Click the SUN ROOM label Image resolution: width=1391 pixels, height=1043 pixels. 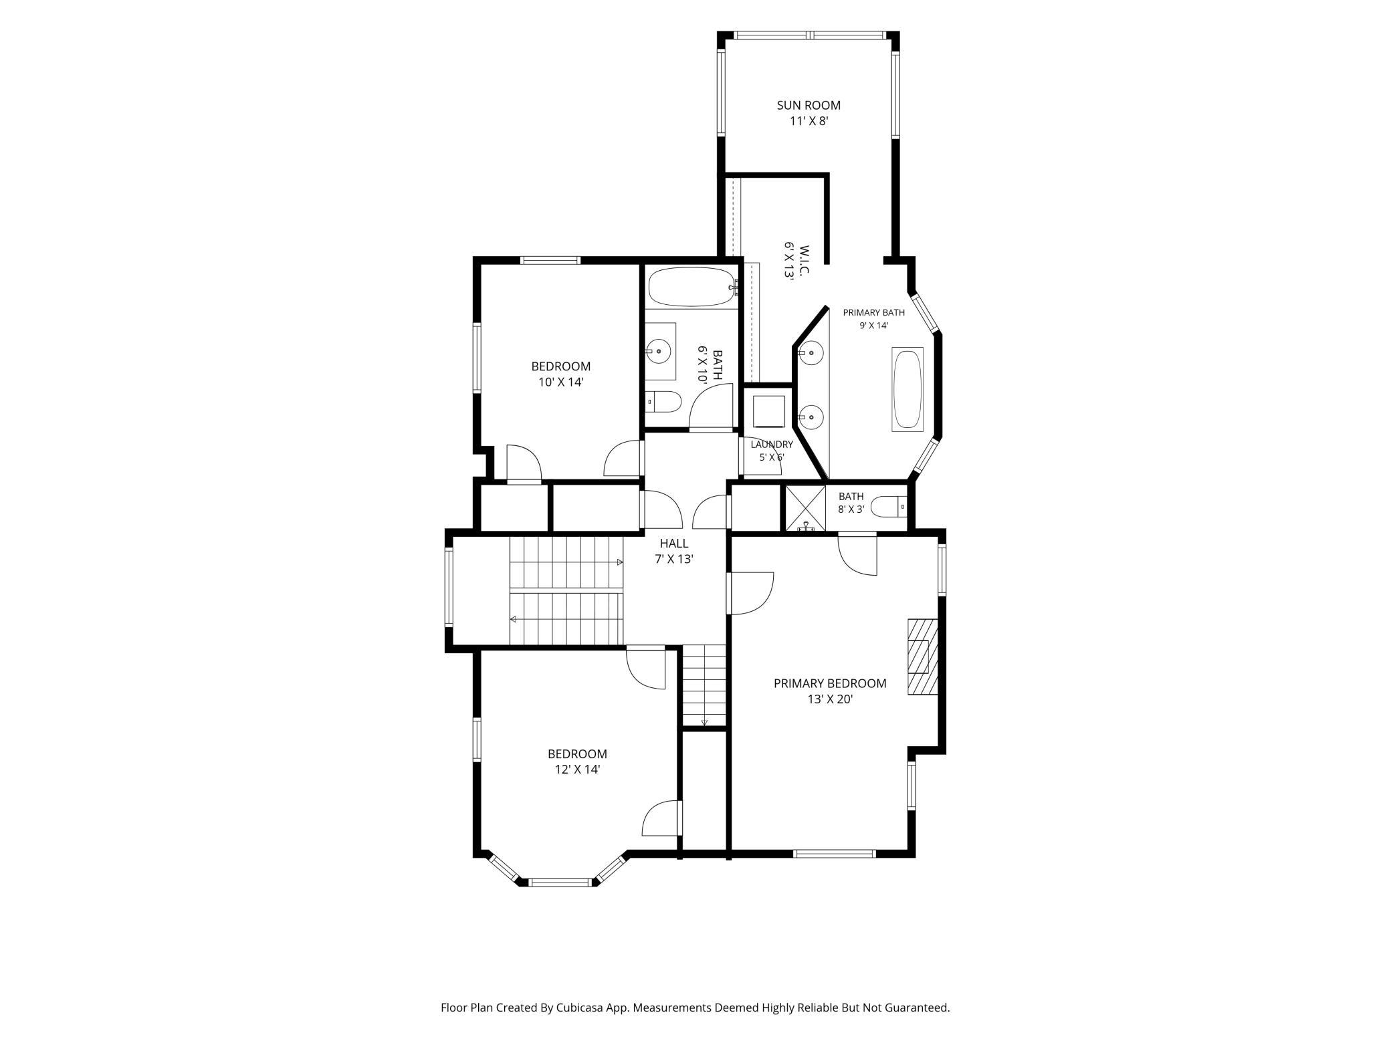pyautogui.click(x=809, y=105)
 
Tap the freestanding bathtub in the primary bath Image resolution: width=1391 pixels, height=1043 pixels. pyautogui.click(x=907, y=388)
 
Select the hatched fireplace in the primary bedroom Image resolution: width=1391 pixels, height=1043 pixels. pyautogui.click(x=923, y=657)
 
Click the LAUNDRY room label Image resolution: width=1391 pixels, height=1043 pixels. pyautogui.click(x=772, y=444)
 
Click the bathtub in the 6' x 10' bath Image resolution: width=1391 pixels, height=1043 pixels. pyautogui.click(x=692, y=287)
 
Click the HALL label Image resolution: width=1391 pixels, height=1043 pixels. pyautogui.click(x=673, y=544)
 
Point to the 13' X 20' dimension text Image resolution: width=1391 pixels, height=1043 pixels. pyautogui.click(x=830, y=699)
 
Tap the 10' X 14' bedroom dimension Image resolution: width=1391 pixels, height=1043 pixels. pyautogui.click(x=561, y=382)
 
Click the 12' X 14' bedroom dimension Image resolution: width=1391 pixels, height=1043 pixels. pyautogui.click(x=577, y=770)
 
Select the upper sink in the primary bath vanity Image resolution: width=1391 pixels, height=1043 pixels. pyautogui.click(x=811, y=352)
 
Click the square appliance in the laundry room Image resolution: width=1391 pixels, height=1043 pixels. pyautogui.click(x=768, y=411)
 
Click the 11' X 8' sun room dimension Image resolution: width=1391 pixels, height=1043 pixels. pyautogui.click(x=809, y=122)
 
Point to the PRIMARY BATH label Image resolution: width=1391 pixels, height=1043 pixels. pyautogui.click(x=873, y=312)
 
